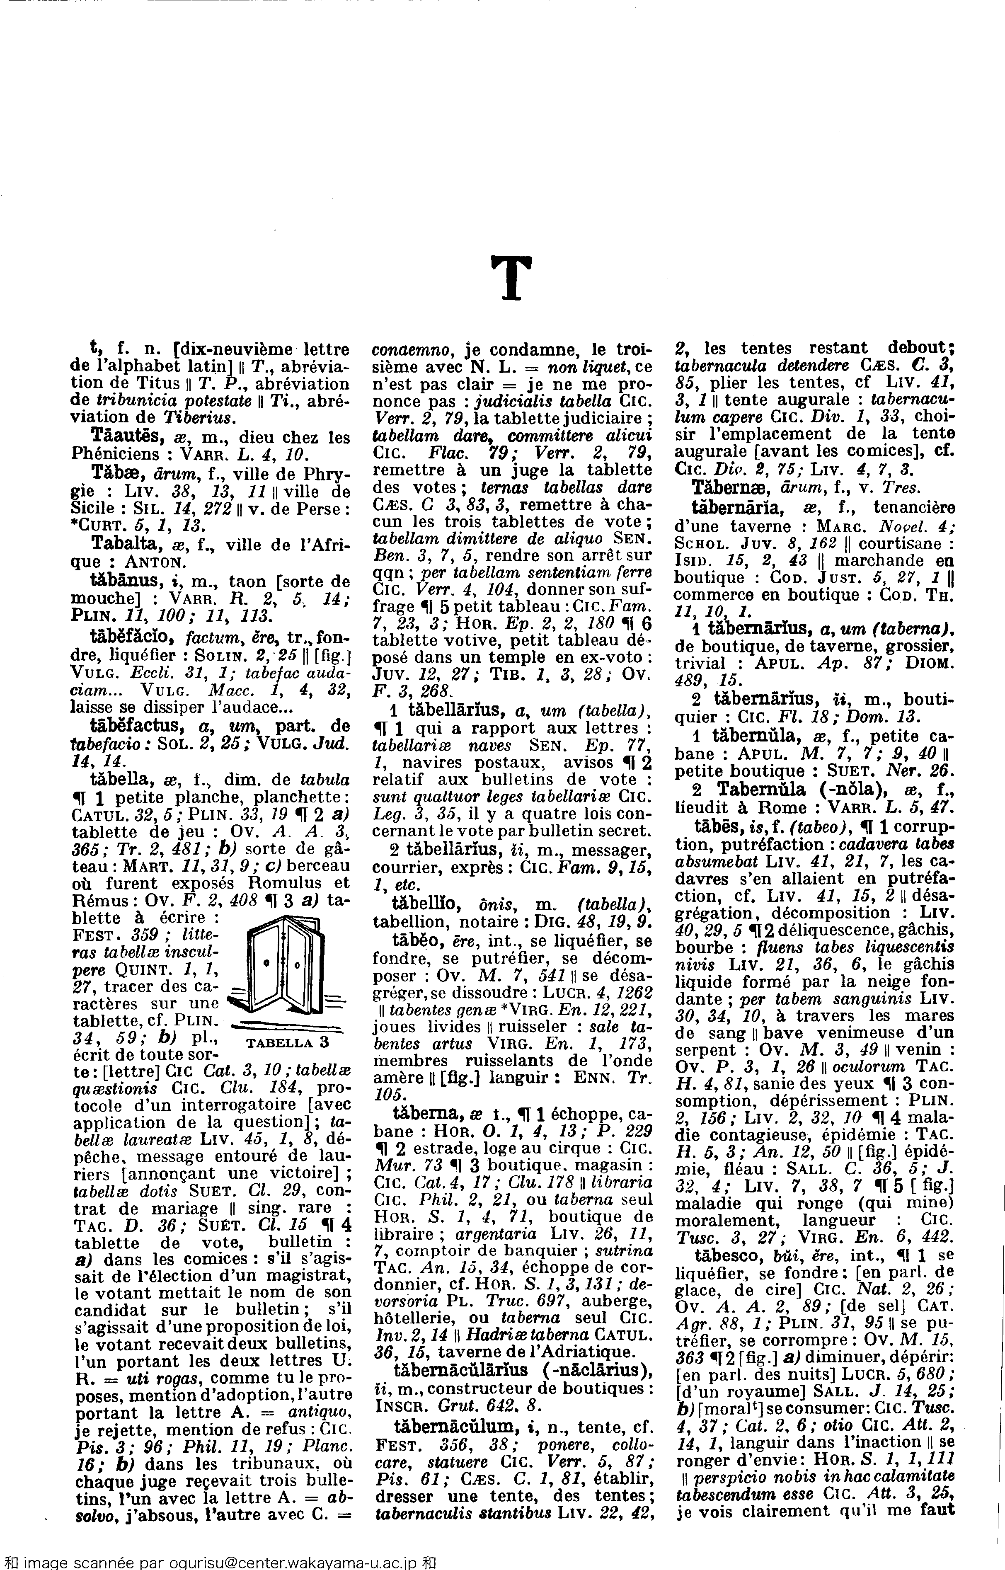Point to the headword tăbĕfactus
coord(133,726)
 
